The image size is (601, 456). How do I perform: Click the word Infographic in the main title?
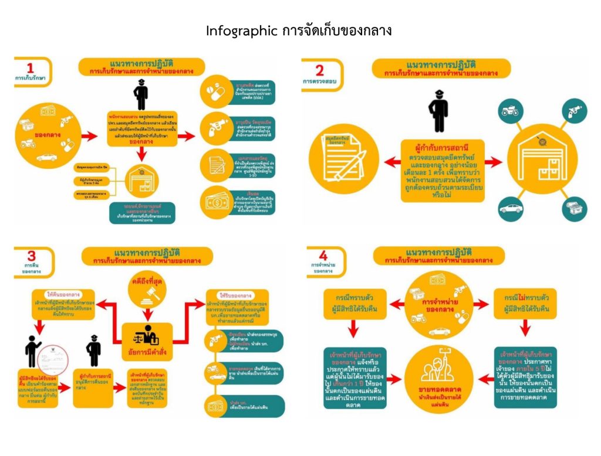coord(240,31)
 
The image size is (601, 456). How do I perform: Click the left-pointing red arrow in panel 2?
coord(388,160)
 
